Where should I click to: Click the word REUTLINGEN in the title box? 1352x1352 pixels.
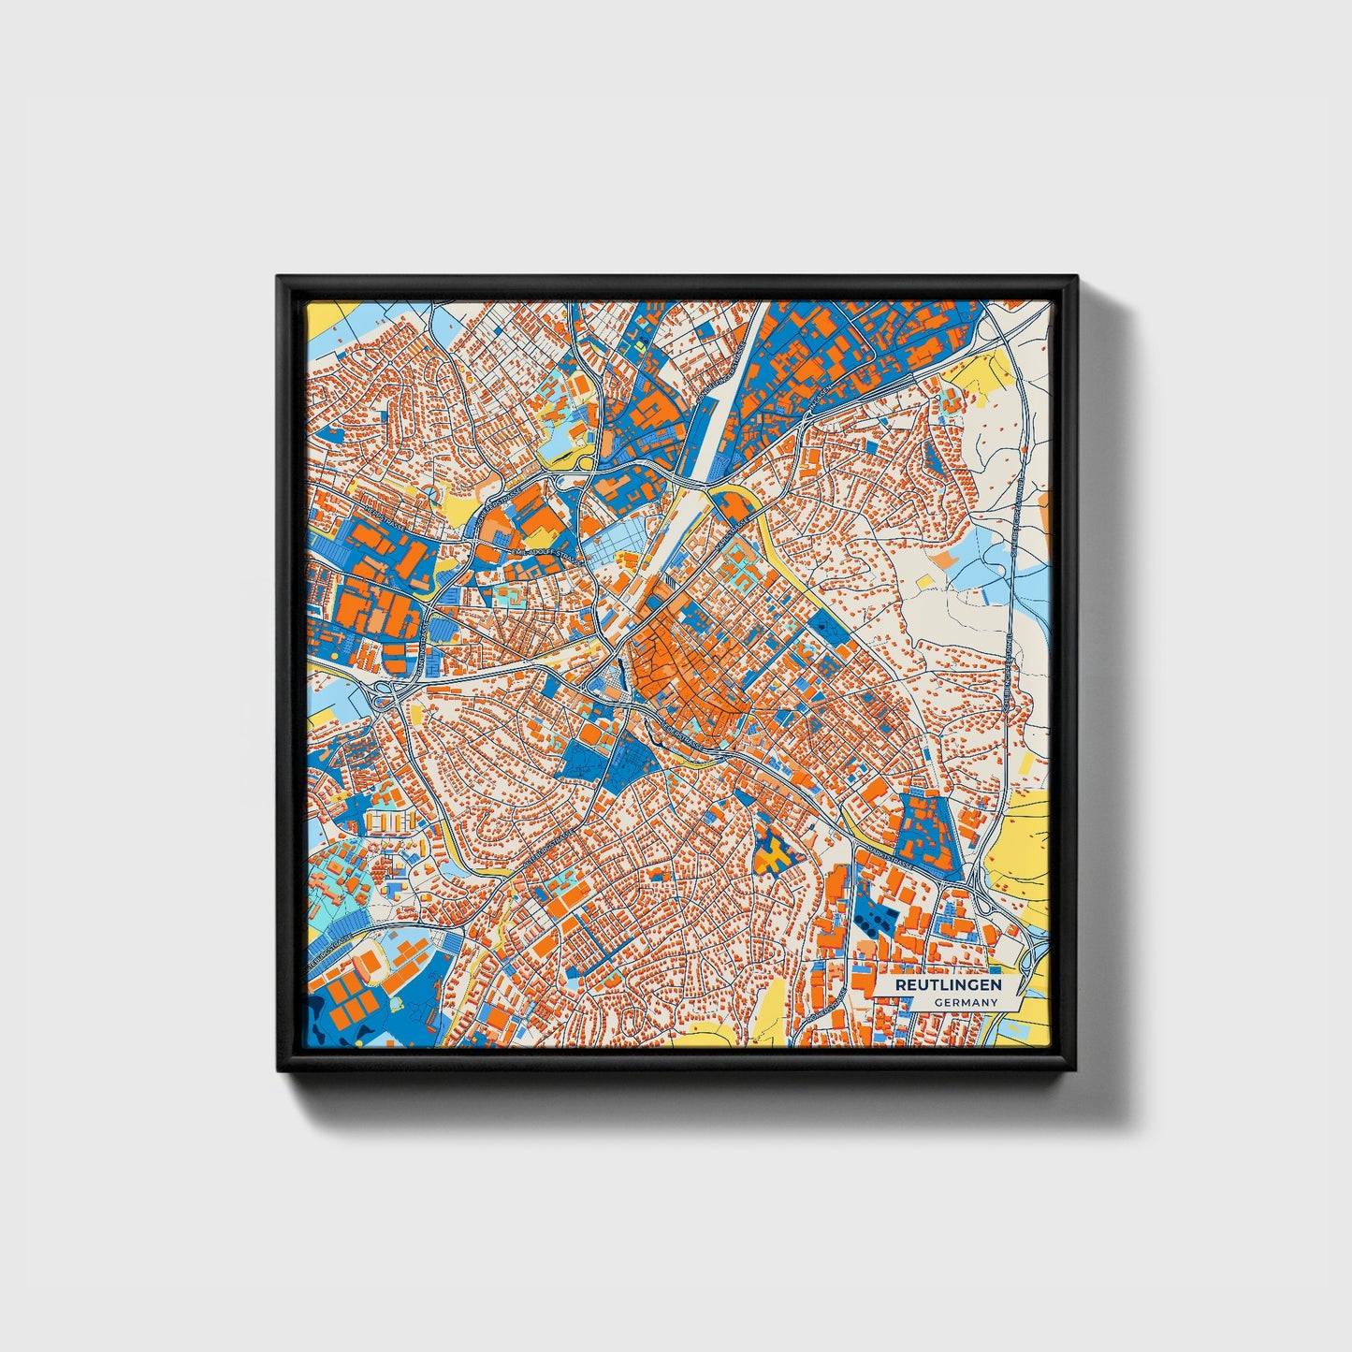(x=948, y=985)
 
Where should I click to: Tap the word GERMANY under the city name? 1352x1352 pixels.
(x=965, y=1002)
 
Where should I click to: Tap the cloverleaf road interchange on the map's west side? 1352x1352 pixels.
(x=385, y=693)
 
